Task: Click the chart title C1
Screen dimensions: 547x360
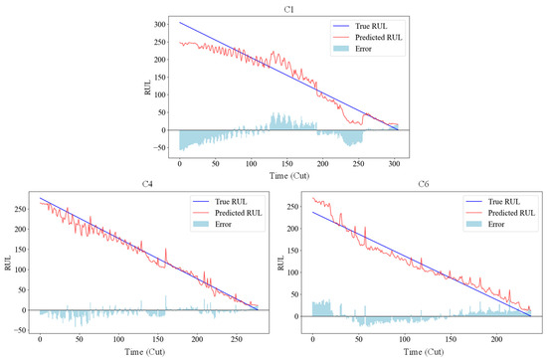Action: click(x=288, y=9)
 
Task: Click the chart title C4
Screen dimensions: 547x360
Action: click(x=147, y=184)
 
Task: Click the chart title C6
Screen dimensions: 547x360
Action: click(x=423, y=184)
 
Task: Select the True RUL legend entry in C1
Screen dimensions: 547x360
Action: click(x=360, y=26)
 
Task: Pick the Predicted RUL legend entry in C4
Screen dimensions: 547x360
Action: click(x=228, y=213)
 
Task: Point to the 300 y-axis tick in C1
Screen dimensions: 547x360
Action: click(x=160, y=25)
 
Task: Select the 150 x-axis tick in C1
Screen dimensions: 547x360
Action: click(x=287, y=164)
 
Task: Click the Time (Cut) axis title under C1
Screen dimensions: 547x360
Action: click(x=289, y=175)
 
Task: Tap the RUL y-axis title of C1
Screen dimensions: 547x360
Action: click(x=147, y=88)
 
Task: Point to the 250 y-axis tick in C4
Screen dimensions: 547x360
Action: click(x=21, y=209)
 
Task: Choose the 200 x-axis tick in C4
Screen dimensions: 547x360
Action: click(x=197, y=339)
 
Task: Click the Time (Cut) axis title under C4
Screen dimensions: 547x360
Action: click(x=144, y=352)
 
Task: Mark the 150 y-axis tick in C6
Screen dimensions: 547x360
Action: click(x=293, y=251)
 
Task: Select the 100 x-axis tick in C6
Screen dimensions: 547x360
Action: click(x=405, y=339)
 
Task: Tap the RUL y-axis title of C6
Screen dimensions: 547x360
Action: click(x=280, y=263)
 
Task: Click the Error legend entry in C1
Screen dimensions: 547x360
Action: click(x=352, y=49)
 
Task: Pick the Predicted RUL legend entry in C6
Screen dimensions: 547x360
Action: click(x=500, y=213)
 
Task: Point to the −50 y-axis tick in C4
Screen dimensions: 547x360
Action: click(x=19, y=330)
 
